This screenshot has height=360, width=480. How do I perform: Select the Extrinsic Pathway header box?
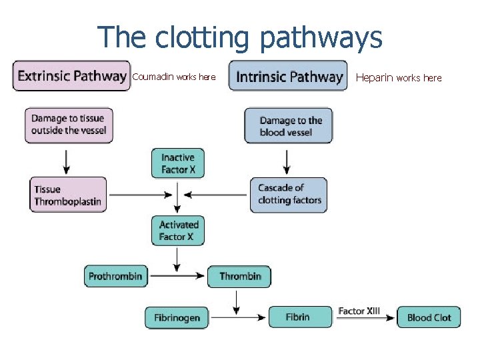(71, 76)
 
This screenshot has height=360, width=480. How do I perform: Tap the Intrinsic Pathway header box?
(288, 76)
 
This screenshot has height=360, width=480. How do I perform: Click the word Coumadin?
(153, 77)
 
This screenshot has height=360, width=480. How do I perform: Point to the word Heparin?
(375, 78)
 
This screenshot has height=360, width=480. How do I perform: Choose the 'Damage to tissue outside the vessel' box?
(69, 125)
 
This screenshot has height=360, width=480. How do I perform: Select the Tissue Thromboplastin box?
(67, 195)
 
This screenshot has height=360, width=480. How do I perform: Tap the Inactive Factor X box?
(178, 163)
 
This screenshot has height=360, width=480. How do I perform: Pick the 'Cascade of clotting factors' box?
(289, 195)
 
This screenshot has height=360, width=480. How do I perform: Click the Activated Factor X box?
(178, 231)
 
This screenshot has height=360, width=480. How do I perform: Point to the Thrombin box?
(239, 276)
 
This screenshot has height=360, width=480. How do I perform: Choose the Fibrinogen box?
(177, 317)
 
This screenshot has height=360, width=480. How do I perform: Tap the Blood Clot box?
(429, 317)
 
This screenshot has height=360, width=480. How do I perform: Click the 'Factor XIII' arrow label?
(359, 311)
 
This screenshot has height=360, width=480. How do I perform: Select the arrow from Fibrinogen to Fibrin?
(238, 318)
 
